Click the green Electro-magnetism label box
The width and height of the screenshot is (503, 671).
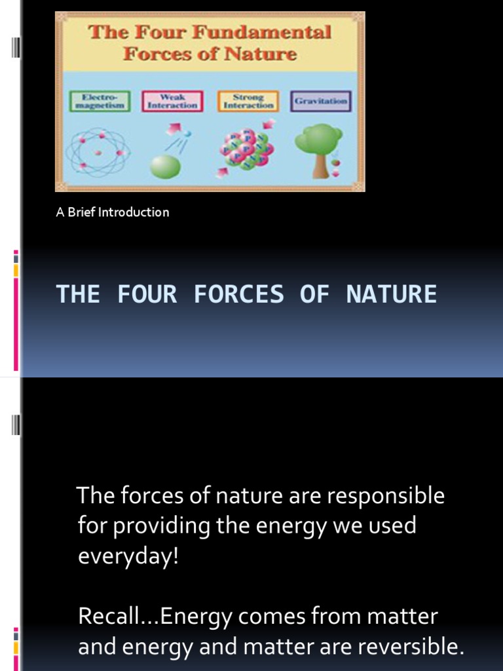click(x=100, y=101)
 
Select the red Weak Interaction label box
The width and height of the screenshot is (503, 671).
click(x=172, y=101)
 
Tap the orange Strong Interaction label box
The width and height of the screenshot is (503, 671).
click(x=248, y=101)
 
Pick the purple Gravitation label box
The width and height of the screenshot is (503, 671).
click(x=321, y=101)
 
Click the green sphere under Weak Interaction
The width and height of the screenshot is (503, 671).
click(x=165, y=166)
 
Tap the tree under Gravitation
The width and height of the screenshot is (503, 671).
click(x=318, y=148)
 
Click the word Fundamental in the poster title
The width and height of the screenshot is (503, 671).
click(x=276, y=33)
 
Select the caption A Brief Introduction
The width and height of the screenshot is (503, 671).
click(x=113, y=212)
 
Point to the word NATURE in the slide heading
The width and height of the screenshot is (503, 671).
click(x=391, y=294)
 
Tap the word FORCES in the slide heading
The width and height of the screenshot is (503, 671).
click(x=238, y=294)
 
